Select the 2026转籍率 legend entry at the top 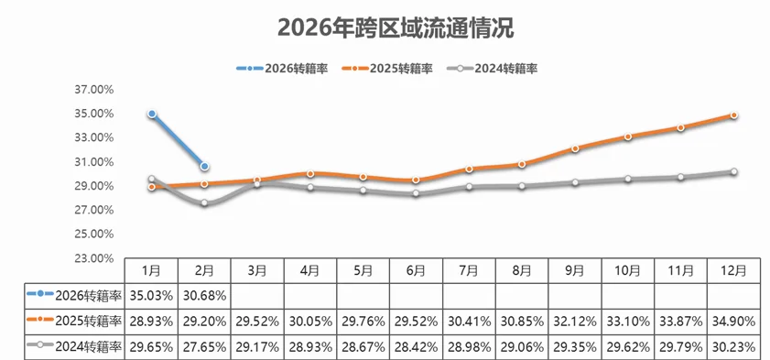click(x=282, y=68)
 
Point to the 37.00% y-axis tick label click(x=94, y=90)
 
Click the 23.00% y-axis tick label click(x=94, y=258)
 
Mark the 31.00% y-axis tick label click(x=94, y=162)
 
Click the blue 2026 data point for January click(x=152, y=114)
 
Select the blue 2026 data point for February click(x=205, y=166)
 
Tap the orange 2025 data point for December click(x=733, y=115)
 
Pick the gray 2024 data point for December click(x=733, y=171)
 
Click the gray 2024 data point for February click(x=205, y=202)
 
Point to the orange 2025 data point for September click(x=575, y=148)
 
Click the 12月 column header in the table click(x=733, y=270)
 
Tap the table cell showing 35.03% click(x=152, y=295)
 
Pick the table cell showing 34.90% click(x=733, y=320)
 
